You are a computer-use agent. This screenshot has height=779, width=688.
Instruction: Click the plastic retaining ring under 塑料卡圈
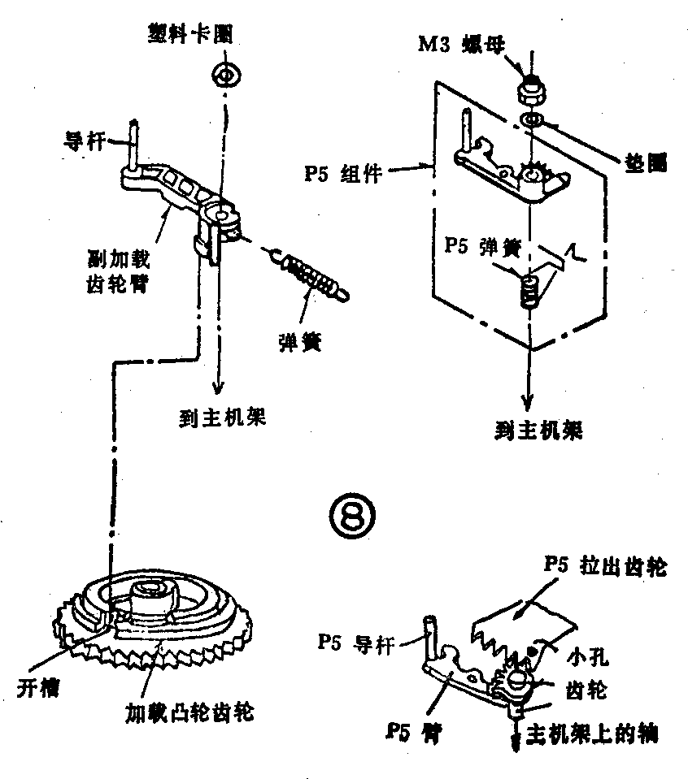tap(224, 76)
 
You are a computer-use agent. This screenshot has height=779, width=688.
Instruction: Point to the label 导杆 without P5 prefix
tap(82, 140)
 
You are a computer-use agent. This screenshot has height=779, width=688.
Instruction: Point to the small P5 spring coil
tap(529, 291)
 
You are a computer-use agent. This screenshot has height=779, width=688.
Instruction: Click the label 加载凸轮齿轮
tap(189, 713)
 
